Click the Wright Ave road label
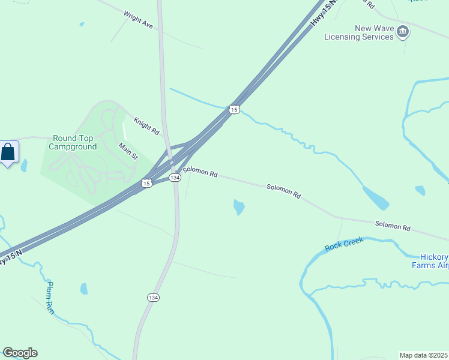coord(138,19)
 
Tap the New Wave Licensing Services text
coord(358,32)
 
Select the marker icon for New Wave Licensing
coord(403,31)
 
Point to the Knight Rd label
coord(146,125)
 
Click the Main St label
coord(128,151)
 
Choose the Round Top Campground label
coord(73,142)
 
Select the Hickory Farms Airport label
coord(430,260)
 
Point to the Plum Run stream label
coord(50,298)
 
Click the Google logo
coord(20,353)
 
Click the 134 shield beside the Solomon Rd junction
coord(175,178)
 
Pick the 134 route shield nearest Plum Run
coord(153,297)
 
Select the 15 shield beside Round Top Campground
coord(146,183)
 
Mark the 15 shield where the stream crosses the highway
coord(234,109)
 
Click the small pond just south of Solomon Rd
coord(239,207)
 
